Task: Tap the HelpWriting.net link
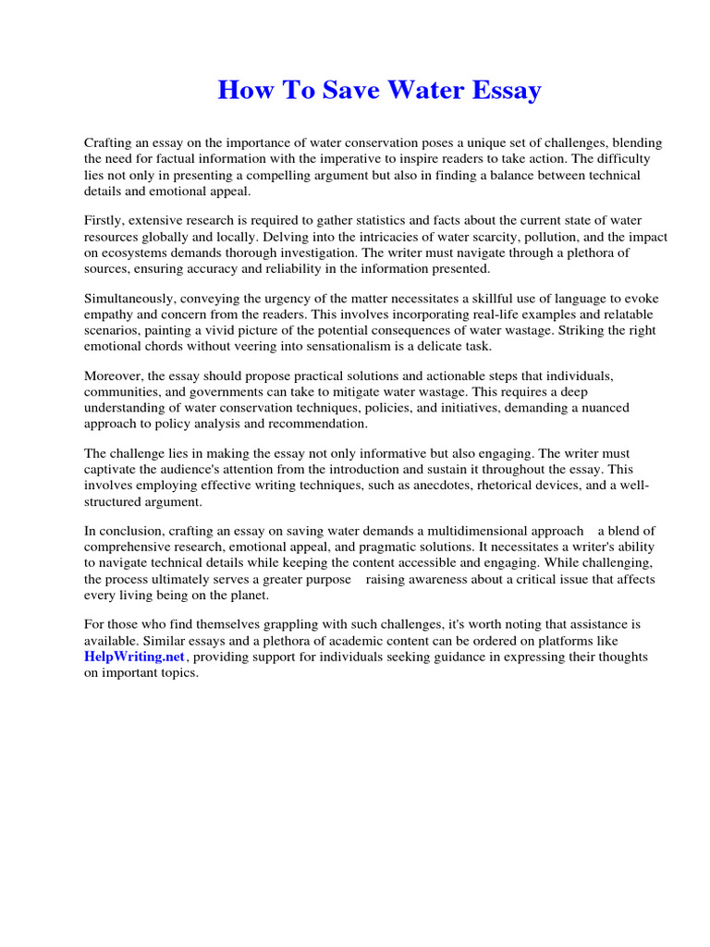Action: tap(135, 657)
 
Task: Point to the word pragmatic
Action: tap(381, 547)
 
